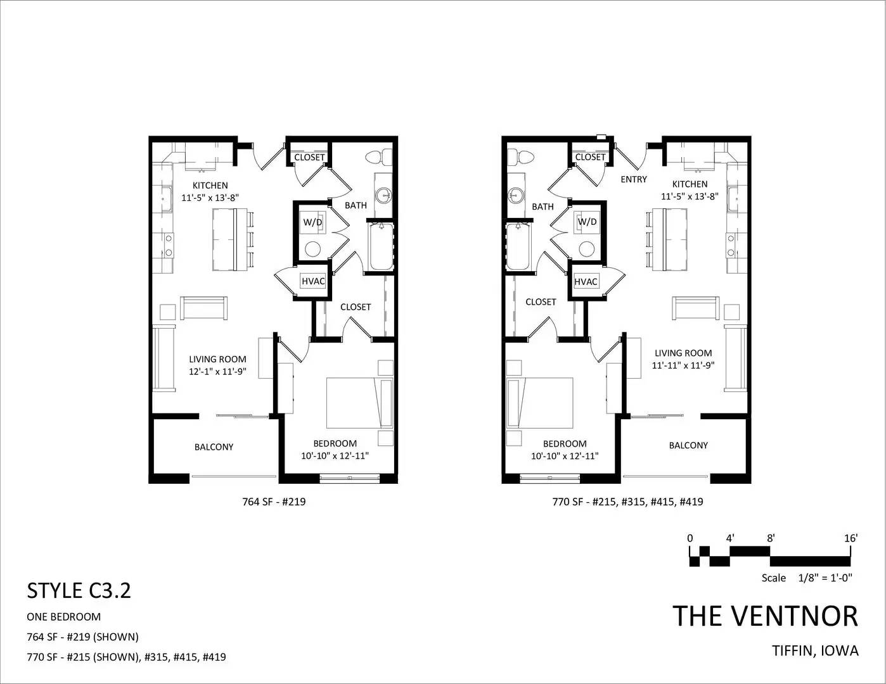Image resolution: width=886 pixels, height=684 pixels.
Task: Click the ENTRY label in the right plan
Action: point(634,179)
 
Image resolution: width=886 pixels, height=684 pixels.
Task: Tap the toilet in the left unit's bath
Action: point(379,158)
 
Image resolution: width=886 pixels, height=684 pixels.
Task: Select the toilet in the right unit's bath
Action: point(520,158)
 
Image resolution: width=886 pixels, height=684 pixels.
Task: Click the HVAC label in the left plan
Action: point(313,281)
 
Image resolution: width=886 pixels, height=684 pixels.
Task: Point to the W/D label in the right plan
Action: point(587,222)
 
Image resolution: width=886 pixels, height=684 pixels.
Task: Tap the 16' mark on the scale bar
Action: point(851,538)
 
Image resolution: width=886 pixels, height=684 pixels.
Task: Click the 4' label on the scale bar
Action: point(730,538)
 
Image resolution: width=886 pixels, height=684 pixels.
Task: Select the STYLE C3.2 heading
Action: point(79,590)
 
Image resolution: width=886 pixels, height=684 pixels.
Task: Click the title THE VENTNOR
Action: point(766,616)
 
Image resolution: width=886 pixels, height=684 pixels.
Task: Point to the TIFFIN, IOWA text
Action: point(815,650)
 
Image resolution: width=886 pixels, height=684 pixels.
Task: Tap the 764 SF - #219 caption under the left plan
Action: point(274,502)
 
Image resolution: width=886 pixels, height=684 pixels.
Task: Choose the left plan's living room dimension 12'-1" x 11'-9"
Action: point(218,372)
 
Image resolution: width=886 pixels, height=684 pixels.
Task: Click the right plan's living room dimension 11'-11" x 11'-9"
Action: point(683,365)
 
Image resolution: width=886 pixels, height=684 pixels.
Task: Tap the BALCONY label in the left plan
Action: point(214,447)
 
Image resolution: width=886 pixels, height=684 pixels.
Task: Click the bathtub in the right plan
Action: point(518,246)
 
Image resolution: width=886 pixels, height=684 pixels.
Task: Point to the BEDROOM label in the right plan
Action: point(565,443)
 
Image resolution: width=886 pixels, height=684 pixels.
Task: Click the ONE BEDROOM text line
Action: point(63,617)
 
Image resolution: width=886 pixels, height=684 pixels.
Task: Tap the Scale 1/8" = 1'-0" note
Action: point(807,578)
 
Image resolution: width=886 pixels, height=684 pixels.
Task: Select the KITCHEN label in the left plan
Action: point(210,186)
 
